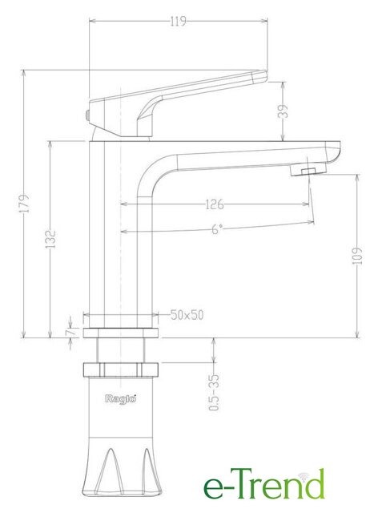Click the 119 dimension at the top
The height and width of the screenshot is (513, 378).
click(179, 22)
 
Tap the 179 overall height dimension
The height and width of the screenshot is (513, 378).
click(24, 204)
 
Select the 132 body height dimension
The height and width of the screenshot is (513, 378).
click(50, 239)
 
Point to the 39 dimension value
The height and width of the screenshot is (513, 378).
click(283, 111)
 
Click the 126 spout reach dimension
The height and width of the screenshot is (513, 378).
click(215, 204)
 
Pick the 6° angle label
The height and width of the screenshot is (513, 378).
click(217, 229)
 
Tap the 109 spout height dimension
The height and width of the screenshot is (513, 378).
click(358, 256)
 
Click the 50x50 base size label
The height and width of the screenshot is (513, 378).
click(187, 315)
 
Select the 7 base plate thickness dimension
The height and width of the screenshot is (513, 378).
click(70, 333)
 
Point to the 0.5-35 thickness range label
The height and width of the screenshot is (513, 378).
click(214, 392)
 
